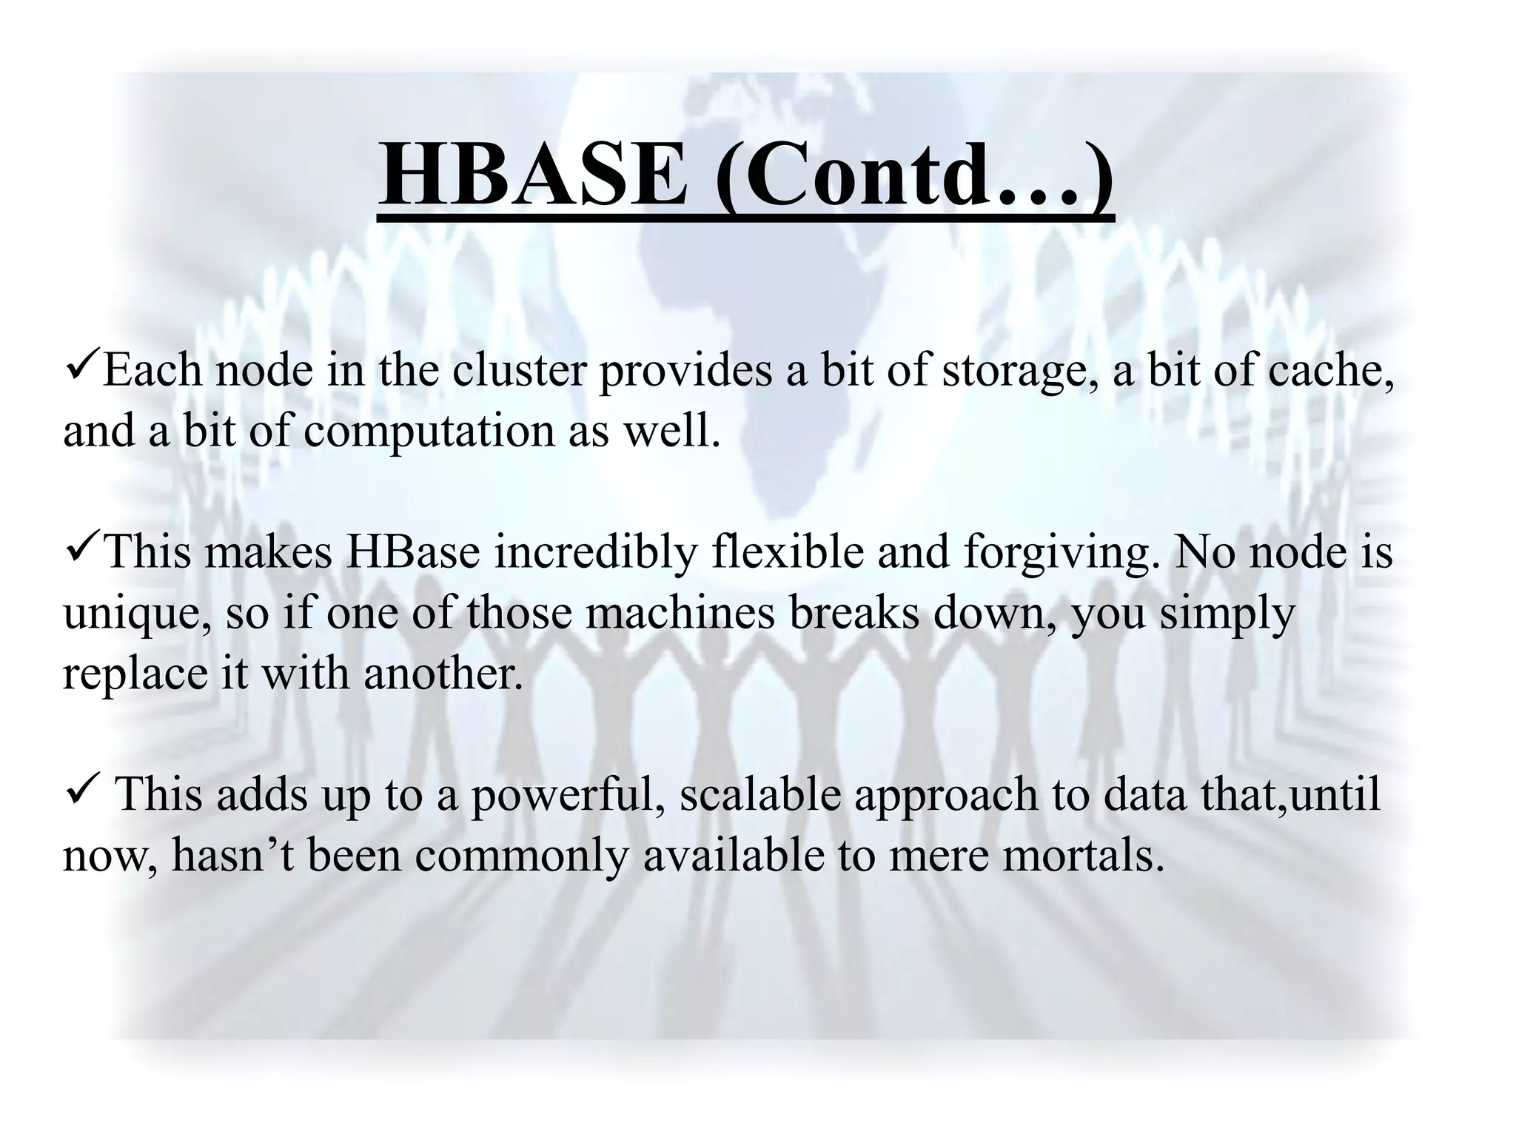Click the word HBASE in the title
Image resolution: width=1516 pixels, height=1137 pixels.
coord(533,176)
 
